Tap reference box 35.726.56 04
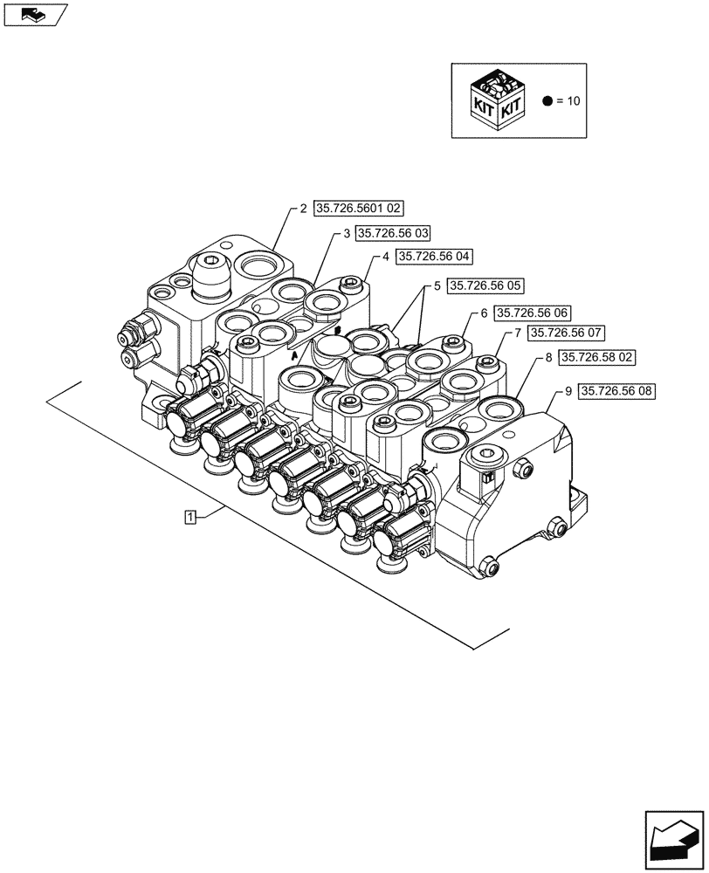435,257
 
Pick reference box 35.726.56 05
485,285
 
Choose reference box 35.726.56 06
532,313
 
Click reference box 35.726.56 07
567,333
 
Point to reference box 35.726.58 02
597,357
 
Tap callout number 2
303,209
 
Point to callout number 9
568,392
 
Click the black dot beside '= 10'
547,101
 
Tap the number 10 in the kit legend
574,101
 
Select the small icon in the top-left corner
34,14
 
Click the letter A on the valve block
295,357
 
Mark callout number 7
518,333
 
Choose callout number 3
347,233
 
